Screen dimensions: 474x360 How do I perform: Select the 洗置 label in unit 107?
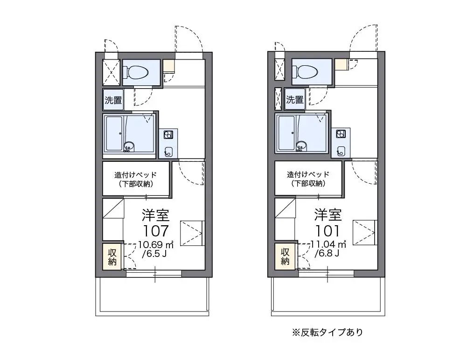click(x=113, y=100)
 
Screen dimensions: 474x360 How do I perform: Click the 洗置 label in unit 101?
click(x=295, y=99)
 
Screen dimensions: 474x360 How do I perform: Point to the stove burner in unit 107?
click(x=168, y=135)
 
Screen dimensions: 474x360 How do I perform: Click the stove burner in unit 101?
click(x=341, y=134)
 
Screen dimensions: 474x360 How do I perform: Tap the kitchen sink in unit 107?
click(x=168, y=151)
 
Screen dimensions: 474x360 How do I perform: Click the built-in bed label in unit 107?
click(x=136, y=179)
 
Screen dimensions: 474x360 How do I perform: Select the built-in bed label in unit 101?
click(x=308, y=179)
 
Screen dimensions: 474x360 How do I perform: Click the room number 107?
click(x=155, y=231)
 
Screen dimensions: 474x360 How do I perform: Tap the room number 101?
click(x=328, y=231)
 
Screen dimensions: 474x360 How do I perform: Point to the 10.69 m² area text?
click(x=156, y=244)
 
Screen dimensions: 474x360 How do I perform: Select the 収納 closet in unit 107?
click(x=112, y=256)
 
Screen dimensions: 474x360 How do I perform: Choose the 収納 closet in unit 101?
click(x=285, y=256)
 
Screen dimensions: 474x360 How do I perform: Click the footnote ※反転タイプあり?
click(x=328, y=332)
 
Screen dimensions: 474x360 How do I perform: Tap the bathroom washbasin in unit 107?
click(x=128, y=146)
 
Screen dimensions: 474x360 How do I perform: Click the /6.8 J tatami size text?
click(x=327, y=253)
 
